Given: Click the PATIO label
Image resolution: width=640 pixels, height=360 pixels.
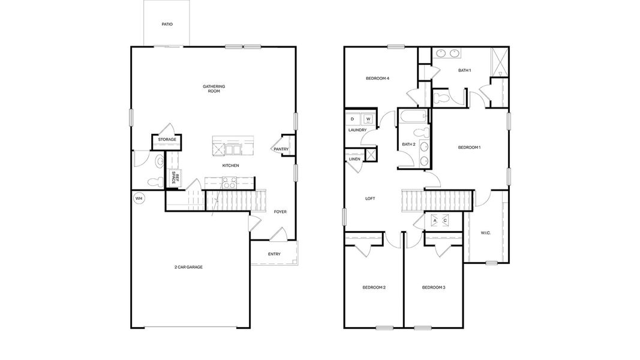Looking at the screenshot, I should (x=167, y=25).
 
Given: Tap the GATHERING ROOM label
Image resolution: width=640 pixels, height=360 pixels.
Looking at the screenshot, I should (x=214, y=89).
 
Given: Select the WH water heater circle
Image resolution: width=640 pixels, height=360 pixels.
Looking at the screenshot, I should (x=139, y=198).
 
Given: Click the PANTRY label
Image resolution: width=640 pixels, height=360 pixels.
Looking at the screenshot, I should (x=281, y=149).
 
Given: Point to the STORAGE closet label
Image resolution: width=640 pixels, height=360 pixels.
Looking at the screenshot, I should (x=167, y=140).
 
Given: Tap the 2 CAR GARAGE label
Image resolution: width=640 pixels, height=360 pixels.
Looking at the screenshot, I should (x=188, y=267).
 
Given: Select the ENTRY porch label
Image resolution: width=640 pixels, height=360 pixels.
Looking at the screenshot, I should (x=274, y=254).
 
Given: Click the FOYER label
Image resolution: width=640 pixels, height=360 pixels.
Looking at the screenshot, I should (x=280, y=211).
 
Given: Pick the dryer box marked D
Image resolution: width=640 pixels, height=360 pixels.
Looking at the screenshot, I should (x=353, y=119).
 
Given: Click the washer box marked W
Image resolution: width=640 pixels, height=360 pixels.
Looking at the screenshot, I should (x=368, y=119).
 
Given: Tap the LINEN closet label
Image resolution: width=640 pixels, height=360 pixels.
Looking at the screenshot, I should (x=354, y=159).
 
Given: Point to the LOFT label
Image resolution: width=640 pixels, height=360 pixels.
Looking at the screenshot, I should (x=370, y=198).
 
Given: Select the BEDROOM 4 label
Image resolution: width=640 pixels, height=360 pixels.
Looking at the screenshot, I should (x=378, y=78).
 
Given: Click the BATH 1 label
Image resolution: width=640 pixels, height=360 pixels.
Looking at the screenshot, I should (x=464, y=70).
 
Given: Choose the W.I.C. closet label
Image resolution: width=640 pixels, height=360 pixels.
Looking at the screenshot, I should (x=485, y=233).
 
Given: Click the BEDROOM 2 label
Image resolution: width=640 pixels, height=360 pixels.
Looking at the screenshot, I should (x=374, y=287).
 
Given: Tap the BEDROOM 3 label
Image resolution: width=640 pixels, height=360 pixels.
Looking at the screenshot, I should (x=433, y=287).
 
